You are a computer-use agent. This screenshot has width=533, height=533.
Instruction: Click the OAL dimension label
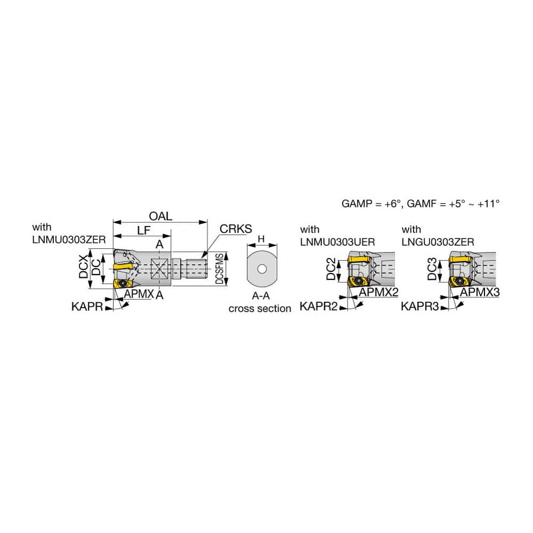tap(160, 216)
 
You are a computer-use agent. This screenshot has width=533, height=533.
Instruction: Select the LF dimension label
tap(143, 230)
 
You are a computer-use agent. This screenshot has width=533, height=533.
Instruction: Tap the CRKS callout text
tap(236, 229)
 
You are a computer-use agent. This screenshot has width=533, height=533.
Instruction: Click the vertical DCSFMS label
tap(220, 269)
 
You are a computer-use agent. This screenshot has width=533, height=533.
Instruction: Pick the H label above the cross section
tap(261, 239)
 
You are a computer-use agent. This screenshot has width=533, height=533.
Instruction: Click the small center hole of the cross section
tap(262, 269)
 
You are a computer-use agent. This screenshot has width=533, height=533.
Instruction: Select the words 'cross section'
tap(260, 309)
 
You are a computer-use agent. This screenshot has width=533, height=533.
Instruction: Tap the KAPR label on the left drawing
tap(87, 306)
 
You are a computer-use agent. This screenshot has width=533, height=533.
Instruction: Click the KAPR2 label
tap(319, 306)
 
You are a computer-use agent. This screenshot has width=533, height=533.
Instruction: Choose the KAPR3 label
tap(420, 306)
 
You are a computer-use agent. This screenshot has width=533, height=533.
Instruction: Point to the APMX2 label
tap(378, 292)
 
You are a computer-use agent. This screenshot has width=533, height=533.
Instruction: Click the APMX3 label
tap(480, 292)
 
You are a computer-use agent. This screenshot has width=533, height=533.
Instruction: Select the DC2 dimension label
tap(331, 269)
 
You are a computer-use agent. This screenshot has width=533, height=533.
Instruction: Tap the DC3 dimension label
tap(432, 269)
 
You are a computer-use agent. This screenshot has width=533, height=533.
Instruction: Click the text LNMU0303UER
tap(337, 242)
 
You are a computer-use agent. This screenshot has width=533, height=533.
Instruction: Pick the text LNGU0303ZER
tap(438, 242)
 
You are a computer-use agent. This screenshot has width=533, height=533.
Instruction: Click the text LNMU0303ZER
tap(69, 240)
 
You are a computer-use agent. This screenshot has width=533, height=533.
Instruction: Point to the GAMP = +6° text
tap(372, 204)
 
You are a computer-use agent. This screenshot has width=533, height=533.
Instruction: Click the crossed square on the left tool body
tap(159, 269)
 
